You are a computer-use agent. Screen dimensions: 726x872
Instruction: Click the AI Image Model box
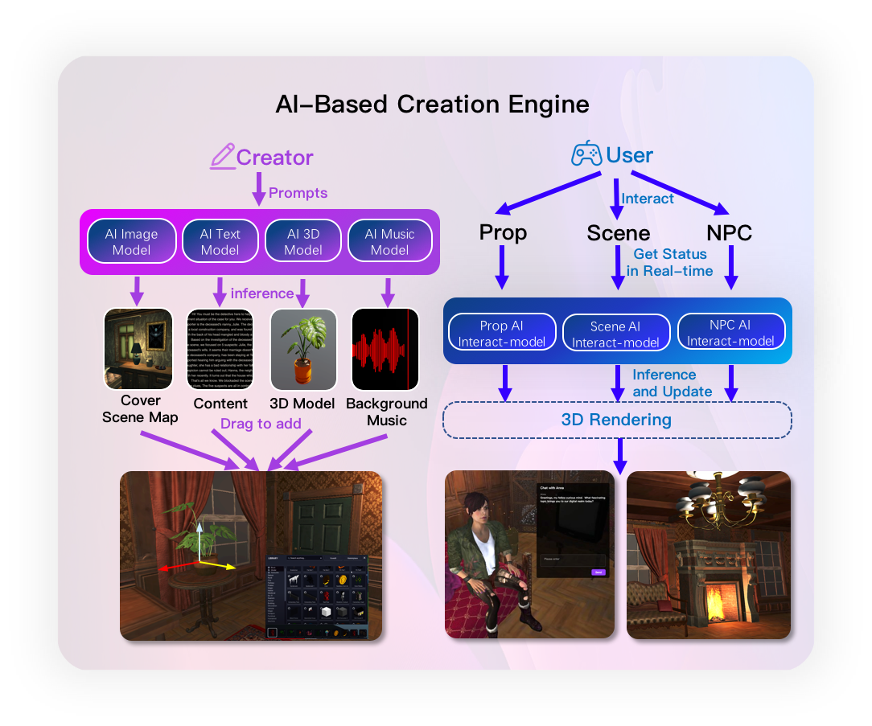(x=132, y=241)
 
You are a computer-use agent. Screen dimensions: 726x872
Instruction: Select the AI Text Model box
(x=220, y=241)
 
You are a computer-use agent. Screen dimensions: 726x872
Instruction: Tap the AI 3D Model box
(x=303, y=241)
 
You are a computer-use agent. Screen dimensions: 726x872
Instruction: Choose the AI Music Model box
(x=389, y=241)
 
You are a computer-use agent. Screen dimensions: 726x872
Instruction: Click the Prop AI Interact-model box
(x=501, y=334)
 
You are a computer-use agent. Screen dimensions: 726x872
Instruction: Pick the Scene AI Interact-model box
(x=616, y=334)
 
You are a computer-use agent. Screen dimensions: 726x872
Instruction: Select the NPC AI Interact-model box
(x=730, y=333)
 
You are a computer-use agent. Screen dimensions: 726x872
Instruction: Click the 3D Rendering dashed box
(x=617, y=420)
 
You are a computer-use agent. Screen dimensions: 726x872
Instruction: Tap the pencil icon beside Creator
(x=222, y=156)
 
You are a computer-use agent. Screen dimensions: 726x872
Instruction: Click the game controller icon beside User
(x=586, y=154)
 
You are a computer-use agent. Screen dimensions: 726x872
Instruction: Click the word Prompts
(x=298, y=193)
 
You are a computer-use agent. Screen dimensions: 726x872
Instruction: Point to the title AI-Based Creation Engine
(x=432, y=105)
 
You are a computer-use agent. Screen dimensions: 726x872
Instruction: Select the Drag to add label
(x=261, y=424)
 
